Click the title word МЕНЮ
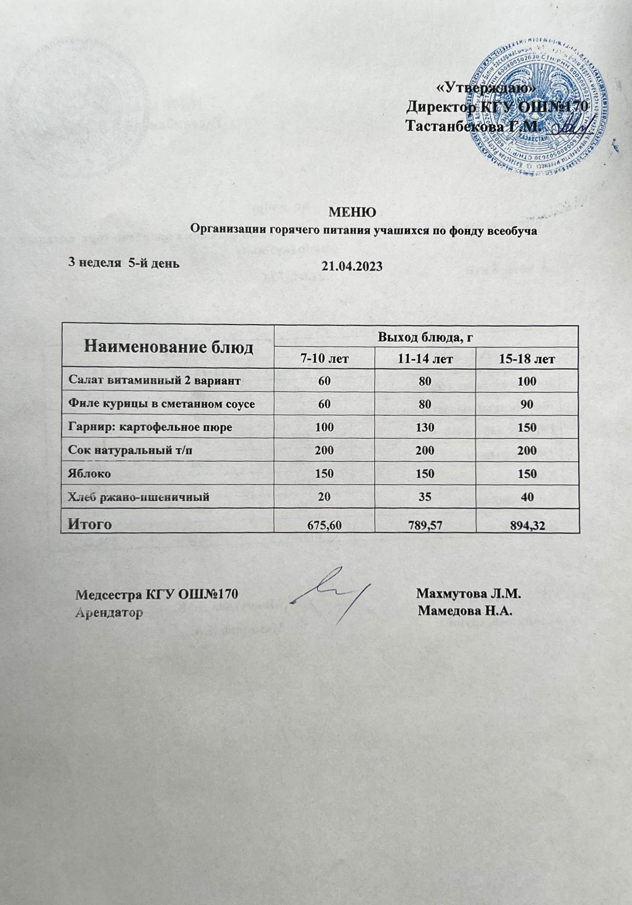pos(352,213)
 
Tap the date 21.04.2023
pos(352,266)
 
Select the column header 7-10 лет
pos(324,359)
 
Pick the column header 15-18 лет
pos(527,359)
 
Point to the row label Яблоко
pos(89,473)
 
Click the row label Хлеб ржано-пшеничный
pos(138,497)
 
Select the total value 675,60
pos(324,525)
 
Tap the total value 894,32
pos(527,525)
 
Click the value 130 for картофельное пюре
pos(425,428)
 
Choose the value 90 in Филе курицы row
pos(527,404)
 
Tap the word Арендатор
pos(109,613)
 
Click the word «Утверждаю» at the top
pos(486,89)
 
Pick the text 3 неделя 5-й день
pos(124,262)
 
